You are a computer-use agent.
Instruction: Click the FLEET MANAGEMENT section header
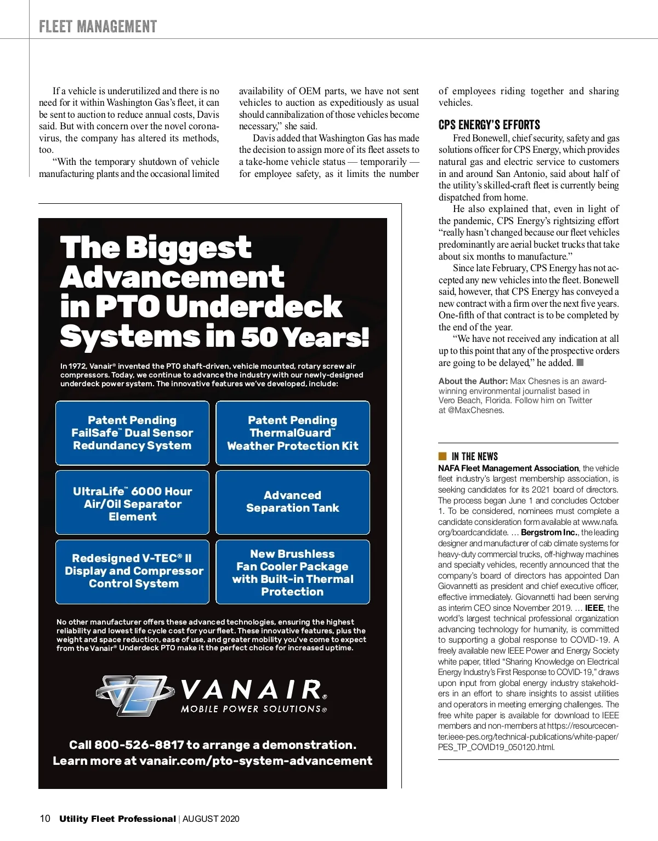coord(98,26)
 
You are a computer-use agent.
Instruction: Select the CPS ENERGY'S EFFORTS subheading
coord(489,125)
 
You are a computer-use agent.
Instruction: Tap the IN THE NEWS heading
coord(474,456)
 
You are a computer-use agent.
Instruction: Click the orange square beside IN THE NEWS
coord(443,456)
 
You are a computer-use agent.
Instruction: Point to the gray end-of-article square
coord(580,362)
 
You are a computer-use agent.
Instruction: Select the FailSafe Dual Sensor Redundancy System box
coord(132,433)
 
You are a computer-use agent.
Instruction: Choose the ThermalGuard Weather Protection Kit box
coord(293,433)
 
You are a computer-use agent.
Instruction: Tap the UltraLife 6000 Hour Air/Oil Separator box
coord(132,503)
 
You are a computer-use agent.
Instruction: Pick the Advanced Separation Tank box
coord(293,502)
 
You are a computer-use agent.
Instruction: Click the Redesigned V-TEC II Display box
coord(132,571)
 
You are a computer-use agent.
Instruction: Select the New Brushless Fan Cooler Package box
coord(293,572)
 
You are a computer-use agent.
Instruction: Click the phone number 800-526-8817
coord(139,745)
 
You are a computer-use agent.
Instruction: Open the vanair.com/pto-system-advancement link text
coord(256,761)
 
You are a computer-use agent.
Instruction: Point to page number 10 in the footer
coord(45,819)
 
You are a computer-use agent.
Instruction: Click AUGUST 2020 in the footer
coord(211,819)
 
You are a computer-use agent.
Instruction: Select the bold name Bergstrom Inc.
coord(549,533)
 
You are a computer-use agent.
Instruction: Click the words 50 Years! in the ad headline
coord(305,336)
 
